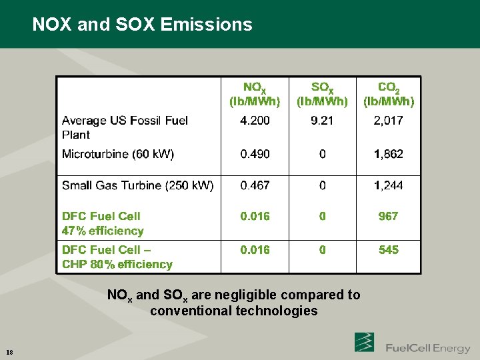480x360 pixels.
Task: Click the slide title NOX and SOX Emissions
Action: click(142, 25)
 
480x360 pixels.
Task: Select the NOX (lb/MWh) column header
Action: click(255, 95)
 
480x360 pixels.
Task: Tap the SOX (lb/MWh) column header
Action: click(323, 95)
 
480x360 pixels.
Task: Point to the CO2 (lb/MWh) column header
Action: click(389, 95)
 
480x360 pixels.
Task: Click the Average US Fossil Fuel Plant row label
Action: click(125, 127)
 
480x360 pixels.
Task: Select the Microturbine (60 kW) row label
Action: click(118, 154)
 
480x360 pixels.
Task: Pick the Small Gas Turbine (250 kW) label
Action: click(138, 185)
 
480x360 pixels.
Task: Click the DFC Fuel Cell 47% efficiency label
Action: click(103, 223)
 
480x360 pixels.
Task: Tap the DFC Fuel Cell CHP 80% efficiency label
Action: click(117, 257)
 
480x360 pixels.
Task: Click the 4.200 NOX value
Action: click(255, 121)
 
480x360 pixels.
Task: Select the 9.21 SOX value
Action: click(323, 121)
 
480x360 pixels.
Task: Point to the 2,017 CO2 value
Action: click(389, 121)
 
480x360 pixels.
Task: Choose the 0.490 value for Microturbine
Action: click(255, 154)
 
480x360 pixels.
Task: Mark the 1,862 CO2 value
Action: click(389, 154)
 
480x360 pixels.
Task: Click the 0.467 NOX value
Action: click(255, 185)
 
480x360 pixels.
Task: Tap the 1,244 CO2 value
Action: click(389, 185)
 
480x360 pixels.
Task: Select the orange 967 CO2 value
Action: click(388, 216)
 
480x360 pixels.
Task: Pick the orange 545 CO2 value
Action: click(388, 249)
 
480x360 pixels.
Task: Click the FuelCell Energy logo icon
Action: click(364, 342)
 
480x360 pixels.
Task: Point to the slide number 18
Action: click(9, 352)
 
